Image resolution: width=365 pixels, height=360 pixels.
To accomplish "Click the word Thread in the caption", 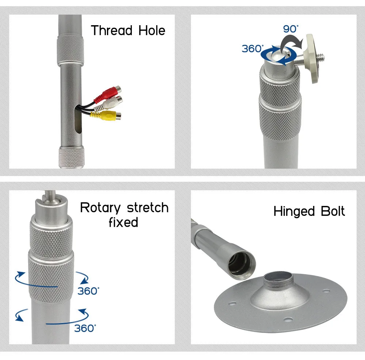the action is (112, 31).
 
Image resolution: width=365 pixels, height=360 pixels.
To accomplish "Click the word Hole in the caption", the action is (152, 31).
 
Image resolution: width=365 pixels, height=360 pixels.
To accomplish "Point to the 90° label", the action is (291, 29).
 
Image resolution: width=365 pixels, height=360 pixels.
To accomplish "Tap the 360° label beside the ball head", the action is (253, 49).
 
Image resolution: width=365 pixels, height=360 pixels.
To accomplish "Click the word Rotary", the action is (100, 208).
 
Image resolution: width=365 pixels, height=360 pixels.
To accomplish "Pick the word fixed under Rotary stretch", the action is (123, 222).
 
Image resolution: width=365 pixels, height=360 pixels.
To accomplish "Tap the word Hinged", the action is (294, 211).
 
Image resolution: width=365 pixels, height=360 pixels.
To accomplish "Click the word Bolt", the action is (333, 211).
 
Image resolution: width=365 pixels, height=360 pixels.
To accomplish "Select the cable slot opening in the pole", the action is (78, 119).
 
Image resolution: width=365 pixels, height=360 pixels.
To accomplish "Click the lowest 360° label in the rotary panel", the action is (85, 328).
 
